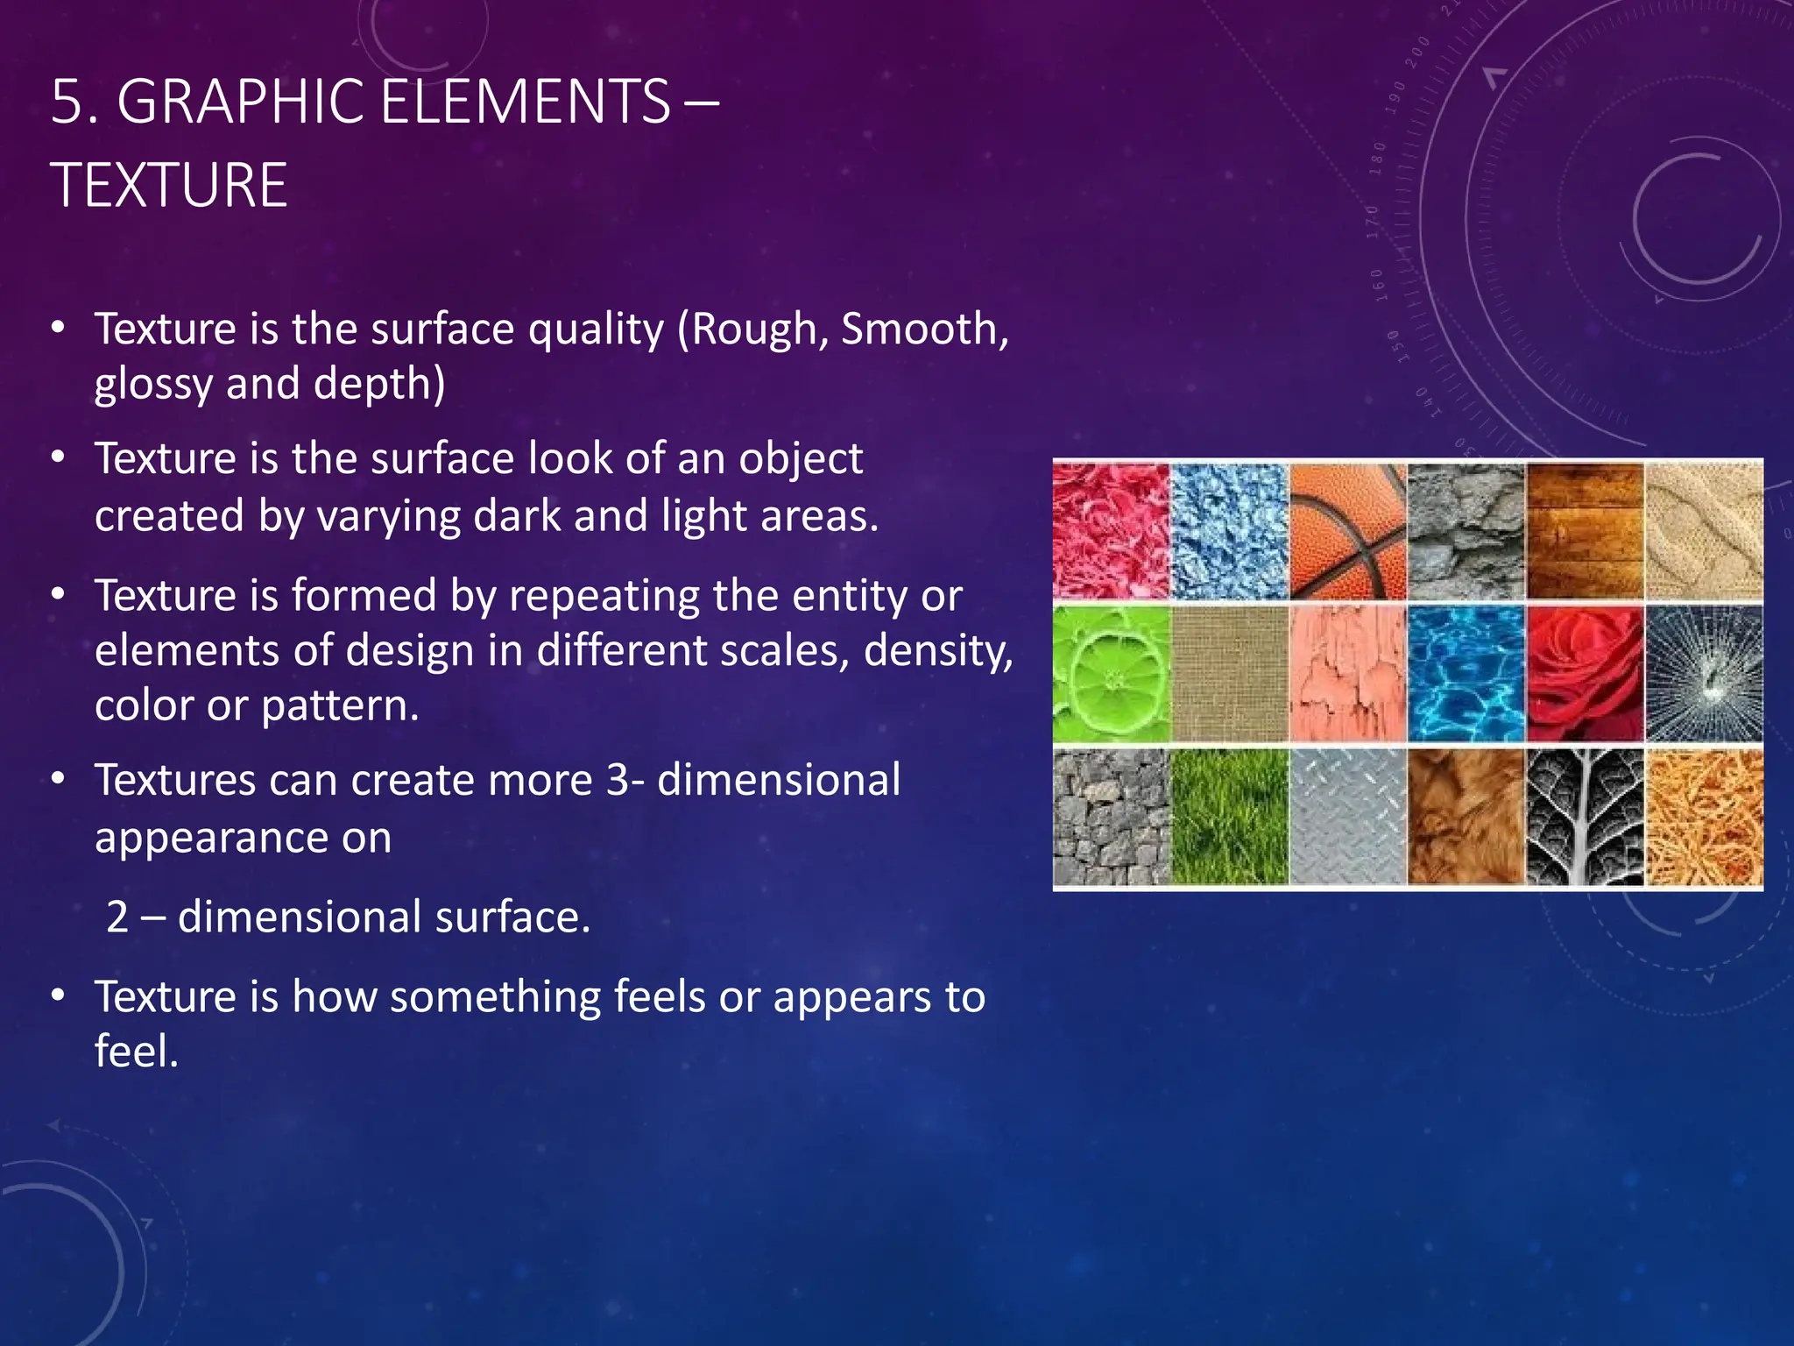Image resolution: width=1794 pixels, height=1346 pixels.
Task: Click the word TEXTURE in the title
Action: click(169, 186)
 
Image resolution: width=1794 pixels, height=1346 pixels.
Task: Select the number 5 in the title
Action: click(66, 103)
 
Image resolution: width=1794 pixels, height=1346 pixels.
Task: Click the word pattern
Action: click(340, 706)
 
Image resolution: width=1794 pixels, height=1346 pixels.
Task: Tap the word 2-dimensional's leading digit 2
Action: click(117, 917)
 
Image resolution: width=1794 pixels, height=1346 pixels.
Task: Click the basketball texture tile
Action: click(1347, 531)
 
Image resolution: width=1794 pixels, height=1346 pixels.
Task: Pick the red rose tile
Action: click(1584, 674)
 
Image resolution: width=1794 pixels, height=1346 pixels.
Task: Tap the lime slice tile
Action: click(1111, 674)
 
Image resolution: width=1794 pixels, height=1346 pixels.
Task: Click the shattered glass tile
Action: click(1704, 674)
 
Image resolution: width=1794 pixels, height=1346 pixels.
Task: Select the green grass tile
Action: click(1229, 817)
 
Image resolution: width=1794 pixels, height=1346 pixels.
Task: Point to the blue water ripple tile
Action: click(1466, 674)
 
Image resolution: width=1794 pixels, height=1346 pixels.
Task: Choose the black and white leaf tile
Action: click(1584, 817)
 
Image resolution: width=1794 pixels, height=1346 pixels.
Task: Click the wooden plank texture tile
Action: click(1584, 531)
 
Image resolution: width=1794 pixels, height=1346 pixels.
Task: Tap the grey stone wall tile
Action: click(1111, 817)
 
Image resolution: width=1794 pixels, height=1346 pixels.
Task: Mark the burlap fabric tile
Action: click(1229, 674)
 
